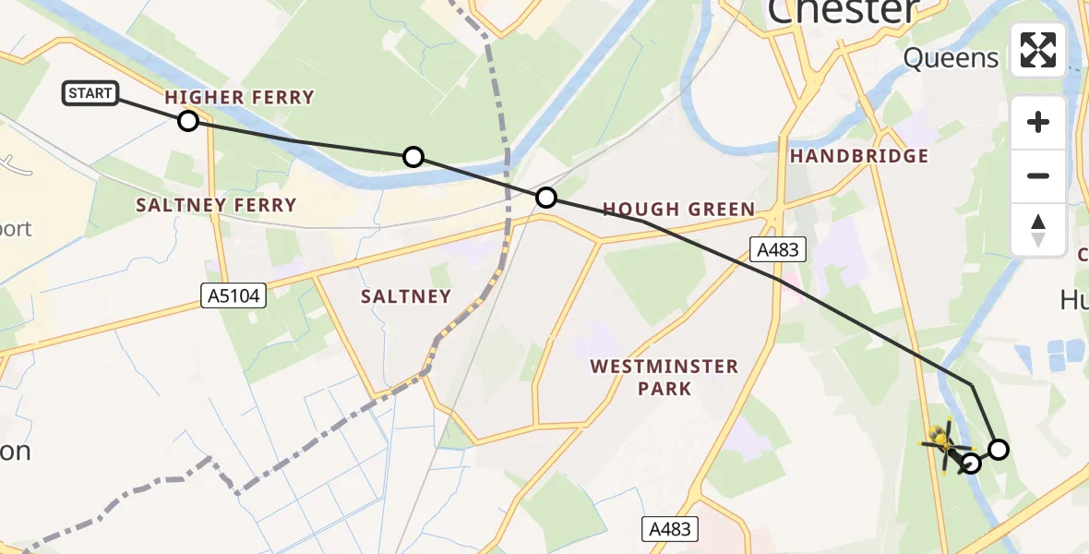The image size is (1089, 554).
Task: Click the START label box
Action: click(x=90, y=93)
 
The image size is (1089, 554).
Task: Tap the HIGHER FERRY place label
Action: click(x=239, y=97)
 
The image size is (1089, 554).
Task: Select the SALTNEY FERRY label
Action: click(x=216, y=205)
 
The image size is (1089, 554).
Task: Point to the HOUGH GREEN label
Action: click(x=678, y=210)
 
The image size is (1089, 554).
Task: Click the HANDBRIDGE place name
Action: click(x=858, y=156)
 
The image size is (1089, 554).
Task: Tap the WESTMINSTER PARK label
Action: click(x=664, y=378)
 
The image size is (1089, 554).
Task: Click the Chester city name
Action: click(x=843, y=11)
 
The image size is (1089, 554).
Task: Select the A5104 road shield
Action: click(x=233, y=296)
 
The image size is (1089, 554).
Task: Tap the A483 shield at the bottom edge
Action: click(x=670, y=529)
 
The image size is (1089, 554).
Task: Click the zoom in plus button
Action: click(x=1038, y=122)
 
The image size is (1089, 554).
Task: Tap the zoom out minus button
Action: click(x=1038, y=175)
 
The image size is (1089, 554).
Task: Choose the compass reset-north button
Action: click(x=1038, y=230)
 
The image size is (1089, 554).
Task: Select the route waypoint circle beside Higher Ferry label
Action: click(x=188, y=121)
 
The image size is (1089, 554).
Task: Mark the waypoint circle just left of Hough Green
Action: click(x=546, y=197)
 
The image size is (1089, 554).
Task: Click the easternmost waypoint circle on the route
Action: click(x=999, y=450)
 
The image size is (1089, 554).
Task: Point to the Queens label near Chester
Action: click(x=951, y=58)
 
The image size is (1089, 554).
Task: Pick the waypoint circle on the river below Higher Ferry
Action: click(x=413, y=157)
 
